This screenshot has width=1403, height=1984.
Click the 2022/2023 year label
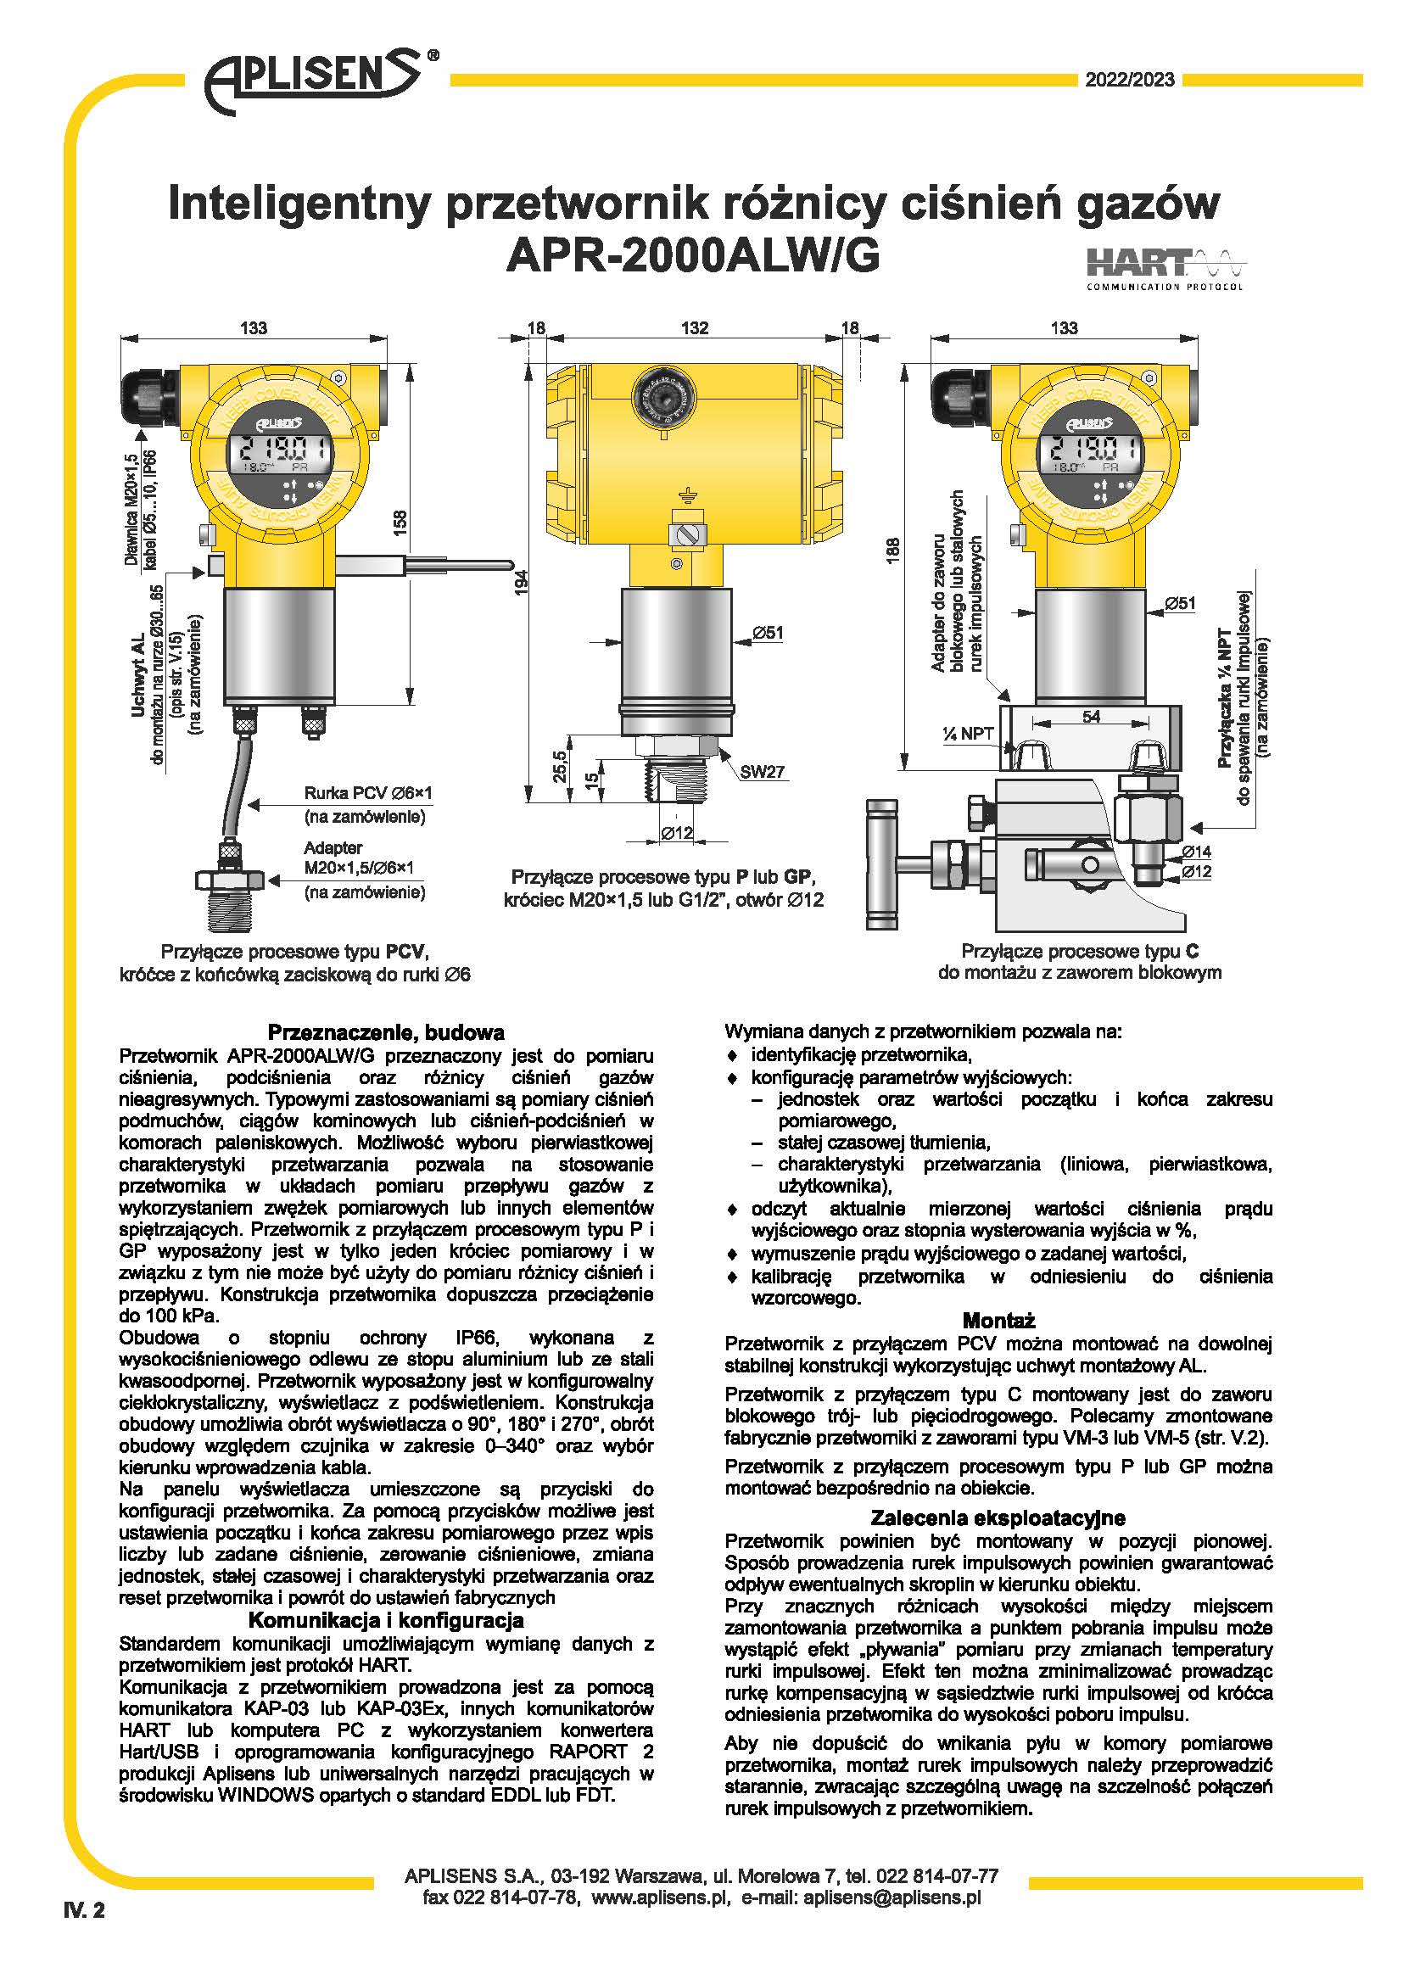pos(1130,81)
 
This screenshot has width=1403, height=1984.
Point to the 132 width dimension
pos(695,328)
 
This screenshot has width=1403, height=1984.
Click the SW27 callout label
pos(761,772)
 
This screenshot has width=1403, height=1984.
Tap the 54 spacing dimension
pos(1091,717)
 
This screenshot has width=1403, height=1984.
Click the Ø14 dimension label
pos(1197,852)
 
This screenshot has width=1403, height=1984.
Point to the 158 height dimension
pos(400,523)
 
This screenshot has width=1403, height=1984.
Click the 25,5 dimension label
pos(560,766)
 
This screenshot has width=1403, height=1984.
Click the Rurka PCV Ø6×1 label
pos(368,793)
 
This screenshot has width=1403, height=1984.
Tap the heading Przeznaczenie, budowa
pos(385,1032)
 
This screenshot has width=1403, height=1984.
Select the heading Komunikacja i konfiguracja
pos(385,1620)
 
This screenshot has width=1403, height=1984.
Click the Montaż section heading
pos(998,1321)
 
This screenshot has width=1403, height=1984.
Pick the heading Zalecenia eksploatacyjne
pos(998,1518)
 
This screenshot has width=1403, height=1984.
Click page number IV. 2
pos(84,1910)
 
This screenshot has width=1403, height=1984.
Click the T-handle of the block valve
pos(881,864)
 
